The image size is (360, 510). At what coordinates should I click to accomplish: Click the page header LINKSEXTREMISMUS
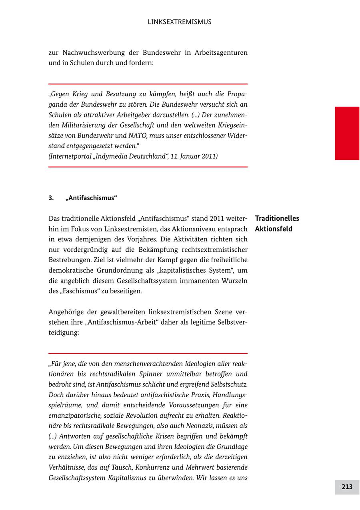click(x=180, y=22)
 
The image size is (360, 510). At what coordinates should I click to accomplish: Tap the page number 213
click(x=347, y=487)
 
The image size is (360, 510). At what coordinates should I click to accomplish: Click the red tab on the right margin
click(x=347, y=133)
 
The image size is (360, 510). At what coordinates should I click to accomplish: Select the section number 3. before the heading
click(x=51, y=198)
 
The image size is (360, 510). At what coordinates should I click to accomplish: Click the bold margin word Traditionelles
click(x=277, y=219)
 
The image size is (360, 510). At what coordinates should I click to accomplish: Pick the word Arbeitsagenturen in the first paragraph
click(x=221, y=53)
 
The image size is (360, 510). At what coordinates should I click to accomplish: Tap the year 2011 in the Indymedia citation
click(x=209, y=156)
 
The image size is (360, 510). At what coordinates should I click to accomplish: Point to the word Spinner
click(x=151, y=374)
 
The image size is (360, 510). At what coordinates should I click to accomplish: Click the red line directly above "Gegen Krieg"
click(x=148, y=84)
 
